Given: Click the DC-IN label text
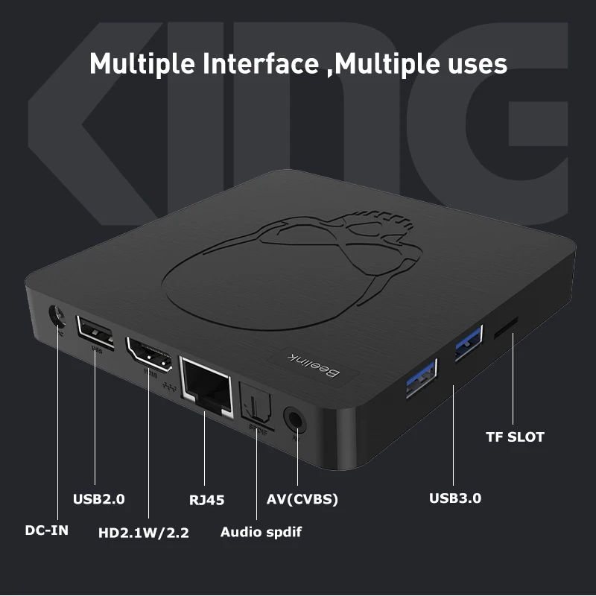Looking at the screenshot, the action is tap(47, 530).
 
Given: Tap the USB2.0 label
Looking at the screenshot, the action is tap(98, 499).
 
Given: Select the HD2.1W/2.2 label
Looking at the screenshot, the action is tap(144, 533).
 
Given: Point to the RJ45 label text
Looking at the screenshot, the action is tap(206, 499).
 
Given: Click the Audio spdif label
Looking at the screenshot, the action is tap(261, 532).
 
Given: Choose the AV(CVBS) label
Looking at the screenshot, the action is tap(302, 499).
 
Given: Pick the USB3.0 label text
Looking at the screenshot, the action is tap(455, 498).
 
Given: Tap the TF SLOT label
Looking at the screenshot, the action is tap(515, 437).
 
